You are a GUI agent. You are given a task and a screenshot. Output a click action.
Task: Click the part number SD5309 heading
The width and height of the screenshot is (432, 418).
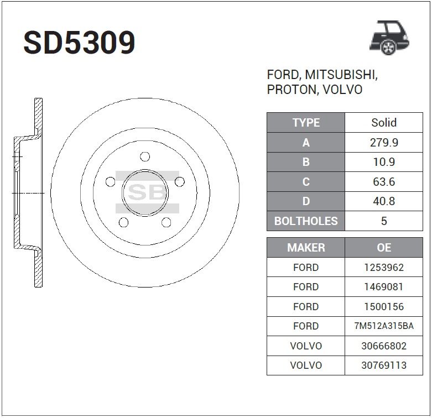[x=79, y=43]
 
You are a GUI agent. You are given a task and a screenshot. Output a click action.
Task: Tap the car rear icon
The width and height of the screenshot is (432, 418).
[x=389, y=38]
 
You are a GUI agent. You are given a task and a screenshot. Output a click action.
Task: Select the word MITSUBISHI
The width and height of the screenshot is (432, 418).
[x=341, y=75]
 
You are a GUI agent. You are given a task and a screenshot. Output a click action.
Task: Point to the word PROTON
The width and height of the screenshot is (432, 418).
[x=292, y=90]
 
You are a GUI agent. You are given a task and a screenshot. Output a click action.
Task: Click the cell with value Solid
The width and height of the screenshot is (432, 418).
[x=384, y=123]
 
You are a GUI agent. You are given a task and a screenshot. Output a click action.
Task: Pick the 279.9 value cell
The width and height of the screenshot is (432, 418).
[x=384, y=143]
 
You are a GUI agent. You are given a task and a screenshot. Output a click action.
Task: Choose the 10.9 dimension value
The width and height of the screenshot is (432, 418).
[x=384, y=162]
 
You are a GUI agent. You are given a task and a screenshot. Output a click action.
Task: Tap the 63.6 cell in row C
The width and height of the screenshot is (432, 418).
[x=384, y=182]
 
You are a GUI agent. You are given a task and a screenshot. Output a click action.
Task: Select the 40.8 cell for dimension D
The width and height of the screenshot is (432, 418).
[x=384, y=201]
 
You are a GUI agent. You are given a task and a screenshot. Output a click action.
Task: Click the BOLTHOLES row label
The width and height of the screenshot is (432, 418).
[x=306, y=221]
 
